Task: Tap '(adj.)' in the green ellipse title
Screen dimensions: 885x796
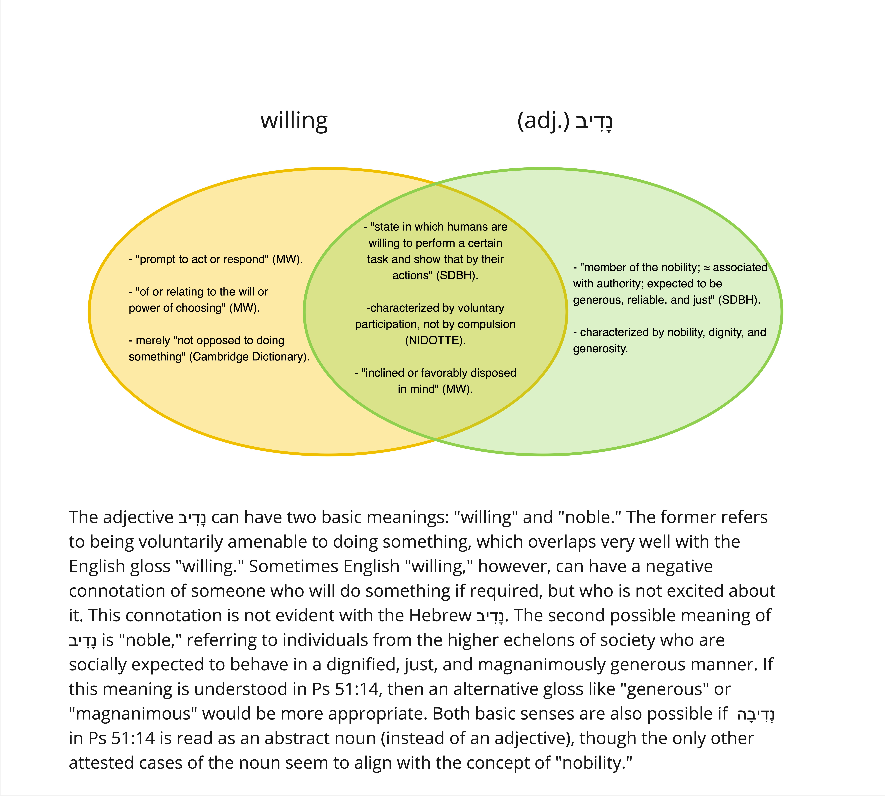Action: point(543,121)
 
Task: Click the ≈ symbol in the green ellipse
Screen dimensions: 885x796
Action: point(706,268)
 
